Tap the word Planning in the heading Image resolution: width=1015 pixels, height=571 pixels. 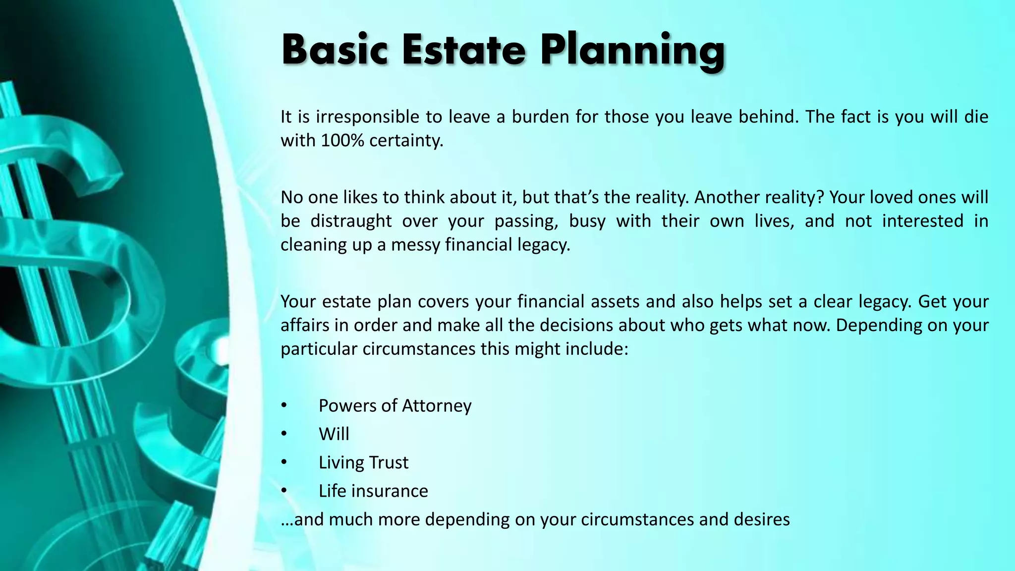[632, 51]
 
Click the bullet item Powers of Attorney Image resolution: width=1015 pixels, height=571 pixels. [395, 406]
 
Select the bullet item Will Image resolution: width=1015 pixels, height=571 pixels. [334, 434]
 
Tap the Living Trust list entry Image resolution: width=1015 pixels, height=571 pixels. [363, 462]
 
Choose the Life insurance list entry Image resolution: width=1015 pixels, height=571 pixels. [373, 491]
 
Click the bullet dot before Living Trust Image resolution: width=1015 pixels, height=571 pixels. [284, 462]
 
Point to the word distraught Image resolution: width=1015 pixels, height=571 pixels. [351, 221]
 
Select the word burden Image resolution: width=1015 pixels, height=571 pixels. [540, 117]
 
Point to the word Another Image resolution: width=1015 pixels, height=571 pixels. [726, 197]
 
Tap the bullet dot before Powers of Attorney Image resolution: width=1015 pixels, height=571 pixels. [284, 406]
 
